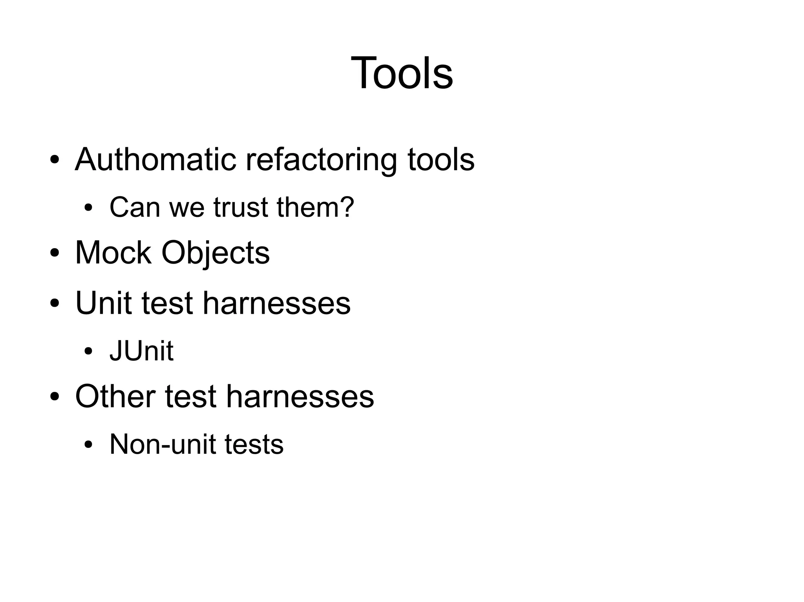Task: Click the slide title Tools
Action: point(402,73)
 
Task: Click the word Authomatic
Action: point(155,160)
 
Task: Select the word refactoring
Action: point(322,160)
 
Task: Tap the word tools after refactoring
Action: point(441,160)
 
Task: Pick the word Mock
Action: point(113,253)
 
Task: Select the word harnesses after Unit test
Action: point(276,303)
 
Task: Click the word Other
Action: point(115,396)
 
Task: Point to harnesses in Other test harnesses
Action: point(300,396)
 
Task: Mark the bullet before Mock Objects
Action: point(55,253)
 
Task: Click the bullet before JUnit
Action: point(88,351)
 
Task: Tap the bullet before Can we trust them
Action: point(88,208)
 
